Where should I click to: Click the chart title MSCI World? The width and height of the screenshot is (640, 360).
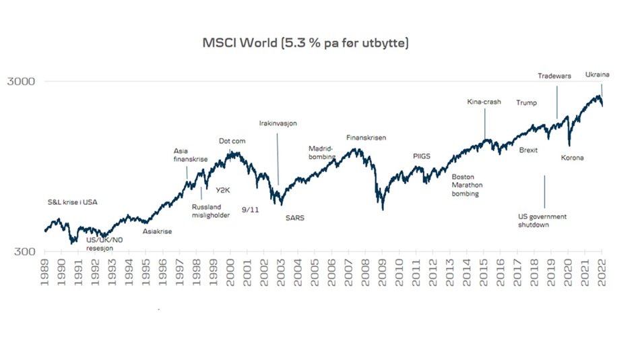306,42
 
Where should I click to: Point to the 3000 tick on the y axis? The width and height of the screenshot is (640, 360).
21,82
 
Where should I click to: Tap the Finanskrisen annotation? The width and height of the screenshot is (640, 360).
366,138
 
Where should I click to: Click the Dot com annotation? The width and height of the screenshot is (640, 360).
233,141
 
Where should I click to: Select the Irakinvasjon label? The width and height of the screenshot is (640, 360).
278,123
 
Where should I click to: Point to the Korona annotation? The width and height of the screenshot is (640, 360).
572,158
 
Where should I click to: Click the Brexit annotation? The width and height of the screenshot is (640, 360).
529,150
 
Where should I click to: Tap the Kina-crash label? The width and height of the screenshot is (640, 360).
484,102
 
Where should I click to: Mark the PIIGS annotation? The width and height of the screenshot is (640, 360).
421,156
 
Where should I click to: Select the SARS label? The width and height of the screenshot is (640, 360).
294,218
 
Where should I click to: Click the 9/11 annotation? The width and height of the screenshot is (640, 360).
250,210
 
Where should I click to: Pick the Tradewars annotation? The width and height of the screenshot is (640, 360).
554,76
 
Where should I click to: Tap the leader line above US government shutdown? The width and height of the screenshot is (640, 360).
544,192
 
